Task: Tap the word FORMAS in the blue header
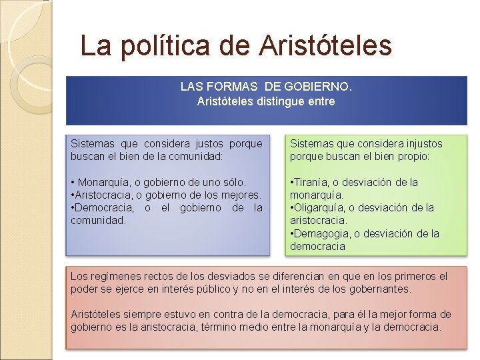click(x=234, y=87)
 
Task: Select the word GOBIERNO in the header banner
click(x=318, y=87)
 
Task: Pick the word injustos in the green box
click(x=419, y=143)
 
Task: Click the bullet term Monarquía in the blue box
click(x=103, y=182)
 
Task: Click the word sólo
click(x=234, y=182)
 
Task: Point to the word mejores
click(x=241, y=195)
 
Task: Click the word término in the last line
click(x=263, y=327)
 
